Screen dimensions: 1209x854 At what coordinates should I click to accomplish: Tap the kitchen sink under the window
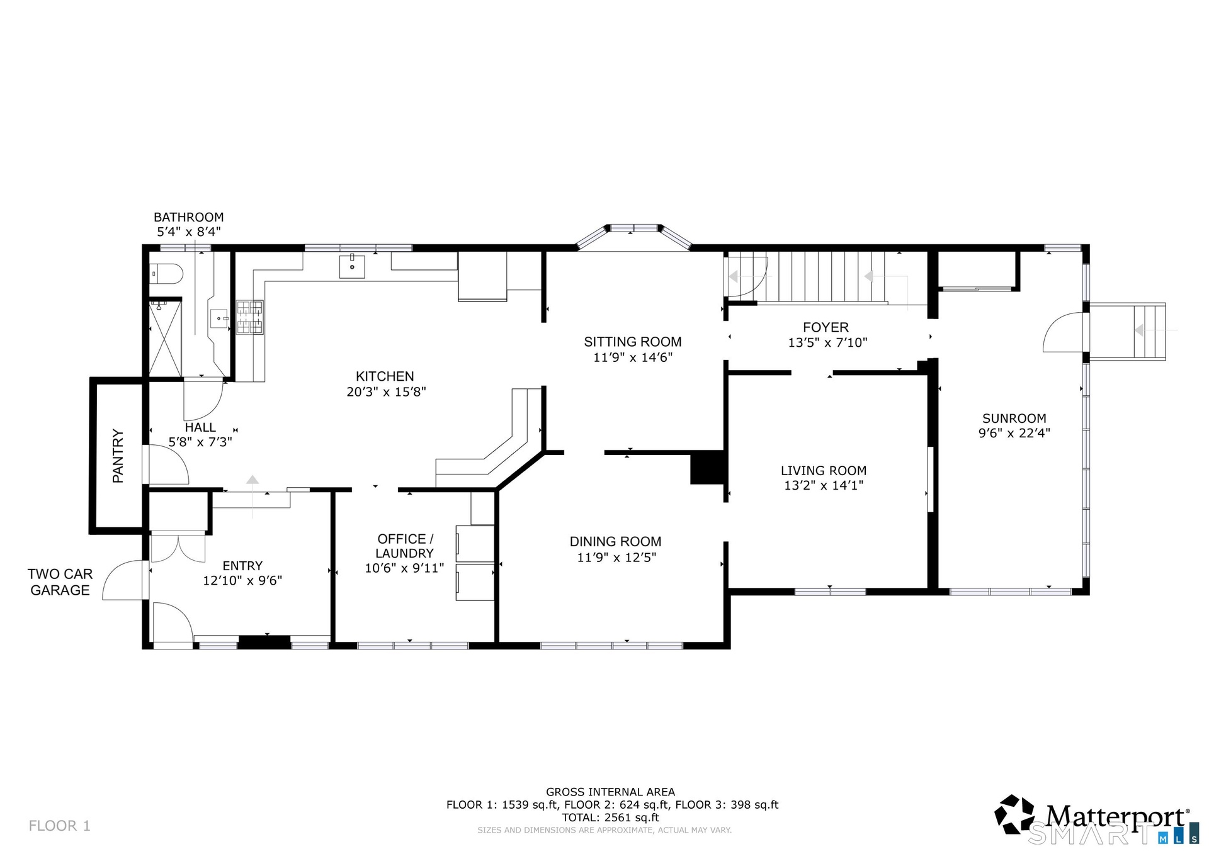coord(352,266)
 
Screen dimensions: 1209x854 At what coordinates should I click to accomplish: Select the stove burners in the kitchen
coord(250,317)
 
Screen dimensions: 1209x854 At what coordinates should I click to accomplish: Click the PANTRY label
coord(118,456)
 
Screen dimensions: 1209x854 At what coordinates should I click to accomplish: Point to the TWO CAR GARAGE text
coord(60,582)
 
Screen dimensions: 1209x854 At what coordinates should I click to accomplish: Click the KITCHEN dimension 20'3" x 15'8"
coord(386,391)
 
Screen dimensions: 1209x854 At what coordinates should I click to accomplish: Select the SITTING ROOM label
coord(633,342)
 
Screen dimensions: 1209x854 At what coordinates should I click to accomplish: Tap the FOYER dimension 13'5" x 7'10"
coord(827,342)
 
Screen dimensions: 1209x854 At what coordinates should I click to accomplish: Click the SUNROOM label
coord(1014,419)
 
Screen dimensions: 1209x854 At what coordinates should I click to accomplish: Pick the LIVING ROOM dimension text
coord(824,485)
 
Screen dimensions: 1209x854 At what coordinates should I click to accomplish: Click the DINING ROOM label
coord(616,542)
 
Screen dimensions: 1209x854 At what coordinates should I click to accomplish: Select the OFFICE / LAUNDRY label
coord(405,546)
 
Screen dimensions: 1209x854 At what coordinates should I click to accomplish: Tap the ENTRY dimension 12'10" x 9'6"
coord(242,580)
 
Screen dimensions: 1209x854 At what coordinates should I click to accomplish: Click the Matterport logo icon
coord(1014,814)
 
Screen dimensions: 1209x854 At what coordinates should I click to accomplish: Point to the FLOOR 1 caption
coord(60,826)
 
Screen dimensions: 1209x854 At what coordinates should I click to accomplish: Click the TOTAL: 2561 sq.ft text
coord(611,817)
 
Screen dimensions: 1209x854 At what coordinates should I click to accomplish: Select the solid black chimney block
coord(708,468)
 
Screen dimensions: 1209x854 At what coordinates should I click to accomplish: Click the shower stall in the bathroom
coord(166,338)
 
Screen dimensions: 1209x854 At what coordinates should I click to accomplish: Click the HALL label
coord(200,427)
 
